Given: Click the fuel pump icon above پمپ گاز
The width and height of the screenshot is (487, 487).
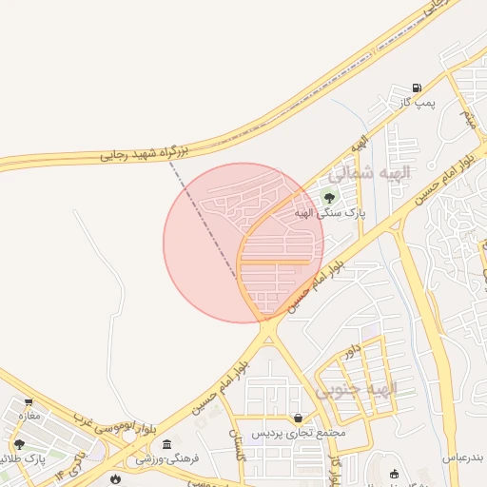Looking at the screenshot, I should coord(417,88).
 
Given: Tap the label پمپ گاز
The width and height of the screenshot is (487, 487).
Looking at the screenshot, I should coord(417,103).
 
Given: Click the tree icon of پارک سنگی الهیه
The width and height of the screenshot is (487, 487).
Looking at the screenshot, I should coord(329,197).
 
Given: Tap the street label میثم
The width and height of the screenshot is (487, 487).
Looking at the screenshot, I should coord(467,119).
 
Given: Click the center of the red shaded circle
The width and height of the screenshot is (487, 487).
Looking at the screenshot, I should coord(243,243).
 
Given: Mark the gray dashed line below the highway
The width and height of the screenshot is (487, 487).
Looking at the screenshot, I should coord(203,216).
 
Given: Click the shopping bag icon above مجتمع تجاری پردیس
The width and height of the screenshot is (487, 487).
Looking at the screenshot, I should coord(299,417).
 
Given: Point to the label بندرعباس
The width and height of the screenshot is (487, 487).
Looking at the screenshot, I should coord(463,458).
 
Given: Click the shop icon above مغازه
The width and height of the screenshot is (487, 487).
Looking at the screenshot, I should coord(29,401).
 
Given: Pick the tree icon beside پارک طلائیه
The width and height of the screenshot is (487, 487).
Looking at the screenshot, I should coord(18,444).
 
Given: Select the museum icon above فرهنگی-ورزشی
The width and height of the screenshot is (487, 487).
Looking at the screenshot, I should coord(167,444).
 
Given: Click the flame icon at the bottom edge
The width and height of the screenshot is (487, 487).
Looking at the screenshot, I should coord(116,480).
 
